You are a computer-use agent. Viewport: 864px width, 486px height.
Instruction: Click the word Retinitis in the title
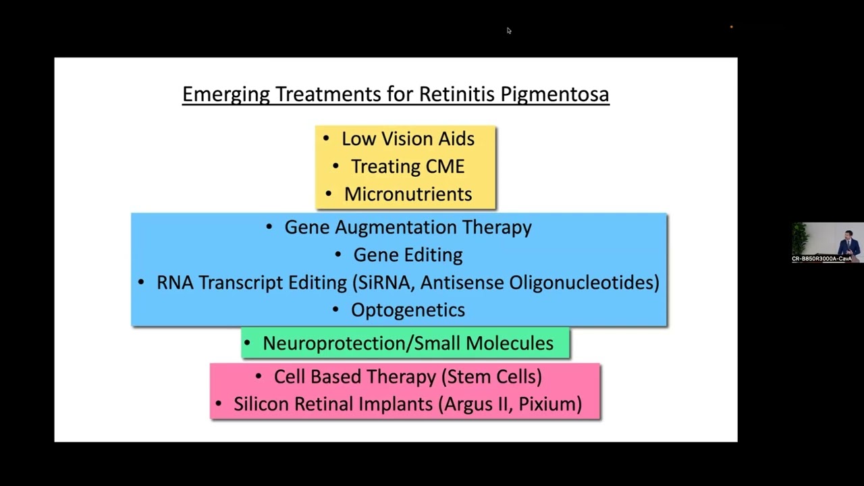457,94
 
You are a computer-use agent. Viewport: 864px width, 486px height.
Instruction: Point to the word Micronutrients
408,194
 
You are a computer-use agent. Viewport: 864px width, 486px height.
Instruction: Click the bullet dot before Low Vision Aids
327,139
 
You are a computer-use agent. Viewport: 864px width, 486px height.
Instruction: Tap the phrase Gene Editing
408,255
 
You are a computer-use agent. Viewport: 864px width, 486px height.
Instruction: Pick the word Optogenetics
408,310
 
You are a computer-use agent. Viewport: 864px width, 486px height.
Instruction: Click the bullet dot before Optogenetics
336,310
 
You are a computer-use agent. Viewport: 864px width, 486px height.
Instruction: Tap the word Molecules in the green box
510,344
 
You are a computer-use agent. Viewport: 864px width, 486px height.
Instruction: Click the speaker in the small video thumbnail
846,244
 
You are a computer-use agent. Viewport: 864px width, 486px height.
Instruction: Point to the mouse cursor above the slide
508,30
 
